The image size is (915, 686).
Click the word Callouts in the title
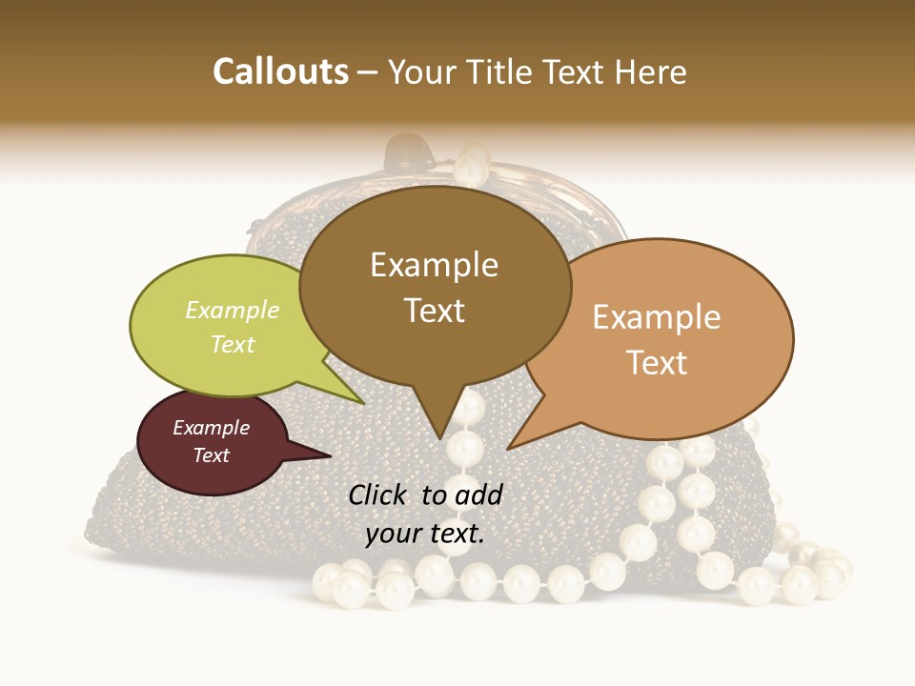[280, 71]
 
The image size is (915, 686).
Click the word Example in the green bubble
[233, 310]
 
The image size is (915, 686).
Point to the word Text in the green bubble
[233, 344]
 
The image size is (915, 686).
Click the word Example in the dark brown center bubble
[434, 265]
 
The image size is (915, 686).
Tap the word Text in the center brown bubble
[435, 311]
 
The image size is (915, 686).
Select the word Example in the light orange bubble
[657, 317]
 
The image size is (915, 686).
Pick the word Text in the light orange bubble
[658, 363]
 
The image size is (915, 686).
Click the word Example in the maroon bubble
[211, 428]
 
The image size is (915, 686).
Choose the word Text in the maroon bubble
[212, 455]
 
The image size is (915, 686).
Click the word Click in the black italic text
[378, 494]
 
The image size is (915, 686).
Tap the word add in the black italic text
[479, 494]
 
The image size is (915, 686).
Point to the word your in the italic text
[393, 535]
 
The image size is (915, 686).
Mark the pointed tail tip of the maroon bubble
[331, 455]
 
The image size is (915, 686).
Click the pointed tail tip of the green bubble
[365, 404]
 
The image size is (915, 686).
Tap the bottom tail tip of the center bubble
[441, 439]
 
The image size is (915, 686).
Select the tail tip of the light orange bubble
[508, 449]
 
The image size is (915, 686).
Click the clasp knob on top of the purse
[409, 150]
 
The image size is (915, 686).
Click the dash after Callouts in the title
[368, 73]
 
